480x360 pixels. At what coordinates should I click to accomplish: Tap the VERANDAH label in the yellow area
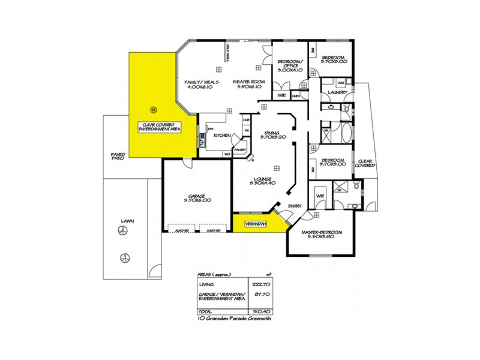255,226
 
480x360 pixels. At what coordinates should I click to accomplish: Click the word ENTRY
295,206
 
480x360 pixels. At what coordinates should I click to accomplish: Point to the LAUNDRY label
338,92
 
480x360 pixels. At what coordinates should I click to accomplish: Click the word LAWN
127,221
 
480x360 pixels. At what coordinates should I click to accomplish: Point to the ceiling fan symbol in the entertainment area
154,109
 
